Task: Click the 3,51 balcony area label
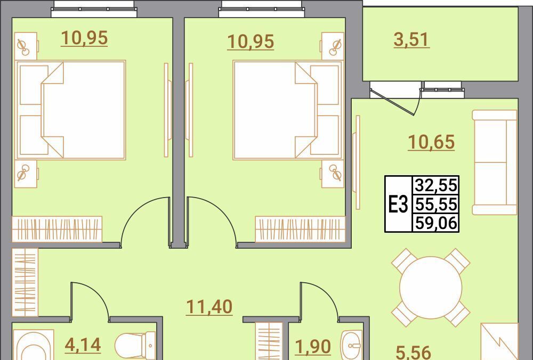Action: (x=411, y=40)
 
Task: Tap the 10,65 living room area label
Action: (x=431, y=142)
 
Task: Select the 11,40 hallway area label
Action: (x=209, y=307)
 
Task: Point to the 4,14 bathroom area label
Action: (x=83, y=345)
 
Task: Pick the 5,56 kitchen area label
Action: (x=414, y=352)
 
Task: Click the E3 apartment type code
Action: (x=398, y=205)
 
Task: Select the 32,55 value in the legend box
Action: (x=436, y=186)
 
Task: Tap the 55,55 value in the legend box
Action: (x=436, y=204)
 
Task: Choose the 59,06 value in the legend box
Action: (x=436, y=223)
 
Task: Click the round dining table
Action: (x=431, y=288)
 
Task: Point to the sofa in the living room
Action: (x=495, y=162)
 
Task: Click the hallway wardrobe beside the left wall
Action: (x=25, y=282)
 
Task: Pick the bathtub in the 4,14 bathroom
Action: (x=33, y=345)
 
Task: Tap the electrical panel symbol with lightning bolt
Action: (x=499, y=341)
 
